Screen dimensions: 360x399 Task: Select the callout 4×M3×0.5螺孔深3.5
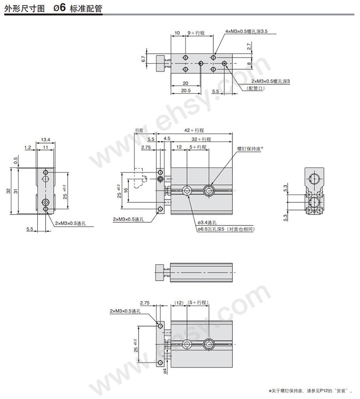246,31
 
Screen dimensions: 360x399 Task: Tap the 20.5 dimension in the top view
186,90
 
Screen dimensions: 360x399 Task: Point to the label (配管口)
255,88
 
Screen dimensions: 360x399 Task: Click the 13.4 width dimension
46,139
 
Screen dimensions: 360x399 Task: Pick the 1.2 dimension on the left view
28,147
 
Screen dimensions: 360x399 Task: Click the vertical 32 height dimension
8,191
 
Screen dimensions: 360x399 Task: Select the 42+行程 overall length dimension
194,130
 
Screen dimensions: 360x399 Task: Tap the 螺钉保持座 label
250,148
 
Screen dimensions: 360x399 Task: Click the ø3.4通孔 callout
207,222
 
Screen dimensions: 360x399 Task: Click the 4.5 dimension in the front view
167,138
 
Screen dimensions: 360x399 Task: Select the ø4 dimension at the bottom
165,371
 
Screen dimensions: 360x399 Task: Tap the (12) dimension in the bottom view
179,302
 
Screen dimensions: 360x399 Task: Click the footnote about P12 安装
311,390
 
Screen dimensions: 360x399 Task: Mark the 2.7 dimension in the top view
249,46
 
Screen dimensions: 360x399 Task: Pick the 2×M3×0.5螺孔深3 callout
271,82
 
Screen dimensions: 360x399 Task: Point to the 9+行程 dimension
196,33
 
